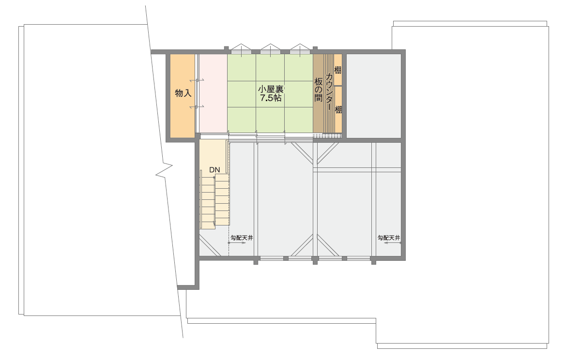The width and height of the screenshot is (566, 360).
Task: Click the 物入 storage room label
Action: pyautogui.click(x=183, y=93)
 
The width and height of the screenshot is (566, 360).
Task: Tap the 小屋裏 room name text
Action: pyautogui.click(x=270, y=89)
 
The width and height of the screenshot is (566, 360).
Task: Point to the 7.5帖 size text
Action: pyautogui.click(x=271, y=98)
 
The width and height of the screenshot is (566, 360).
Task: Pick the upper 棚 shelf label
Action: pyautogui.click(x=338, y=70)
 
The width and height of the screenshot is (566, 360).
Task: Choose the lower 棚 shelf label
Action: pyautogui.click(x=338, y=109)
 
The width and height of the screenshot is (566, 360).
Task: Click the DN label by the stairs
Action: pyautogui.click(x=214, y=170)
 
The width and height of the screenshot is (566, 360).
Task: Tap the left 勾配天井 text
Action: pyautogui.click(x=242, y=238)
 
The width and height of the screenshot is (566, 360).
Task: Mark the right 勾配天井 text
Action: pyautogui.click(x=389, y=238)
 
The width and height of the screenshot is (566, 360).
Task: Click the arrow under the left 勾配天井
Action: pyautogui.click(x=237, y=243)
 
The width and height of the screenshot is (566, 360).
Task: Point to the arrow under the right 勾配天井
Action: pyautogui.click(x=393, y=243)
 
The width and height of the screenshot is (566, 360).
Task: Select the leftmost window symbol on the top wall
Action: pyautogui.click(x=241, y=50)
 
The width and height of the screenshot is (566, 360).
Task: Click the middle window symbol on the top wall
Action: pyautogui.click(x=270, y=50)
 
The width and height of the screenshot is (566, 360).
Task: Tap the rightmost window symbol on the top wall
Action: pyautogui.click(x=300, y=50)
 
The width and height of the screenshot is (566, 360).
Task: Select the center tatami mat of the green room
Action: pyautogui.click(x=270, y=94)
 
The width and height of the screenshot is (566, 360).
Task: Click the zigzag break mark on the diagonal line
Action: pyautogui.click(x=164, y=170)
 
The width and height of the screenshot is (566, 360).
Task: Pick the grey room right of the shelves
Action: pyautogui.click(x=374, y=96)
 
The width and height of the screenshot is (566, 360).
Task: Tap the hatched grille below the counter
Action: pyautogui.click(x=327, y=135)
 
